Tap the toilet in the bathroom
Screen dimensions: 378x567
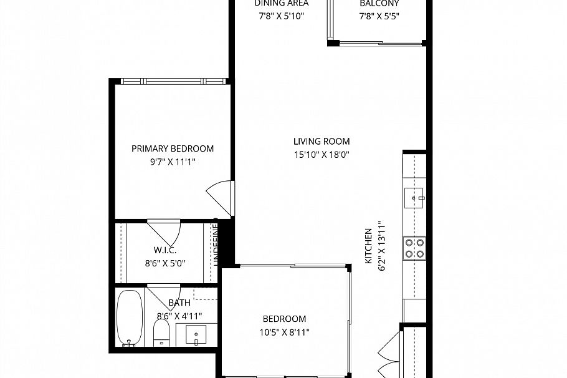(x=162, y=331)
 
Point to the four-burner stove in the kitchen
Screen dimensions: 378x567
(x=414, y=248)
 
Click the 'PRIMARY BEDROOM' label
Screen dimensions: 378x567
(x=173, y=148)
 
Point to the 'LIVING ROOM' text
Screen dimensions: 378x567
(x=322, y=142)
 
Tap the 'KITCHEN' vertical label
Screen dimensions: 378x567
(x=368, y=245)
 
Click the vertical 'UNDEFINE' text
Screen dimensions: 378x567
(x=216, y=246)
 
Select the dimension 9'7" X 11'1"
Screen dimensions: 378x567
(x=173, y=162)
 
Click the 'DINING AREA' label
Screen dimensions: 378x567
(x=281, y=4)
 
